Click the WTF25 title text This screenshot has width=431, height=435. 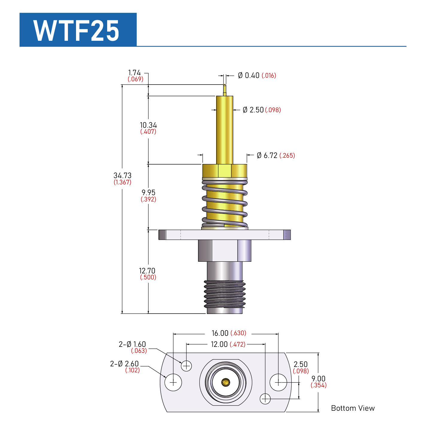(x=76, y=30)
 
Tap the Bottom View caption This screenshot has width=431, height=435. (x=353, y=408)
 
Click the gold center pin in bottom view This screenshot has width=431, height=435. (x=225, y=383)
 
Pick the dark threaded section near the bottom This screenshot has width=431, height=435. (x=225, y=294)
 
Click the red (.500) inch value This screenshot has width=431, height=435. (x=148, y=277)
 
